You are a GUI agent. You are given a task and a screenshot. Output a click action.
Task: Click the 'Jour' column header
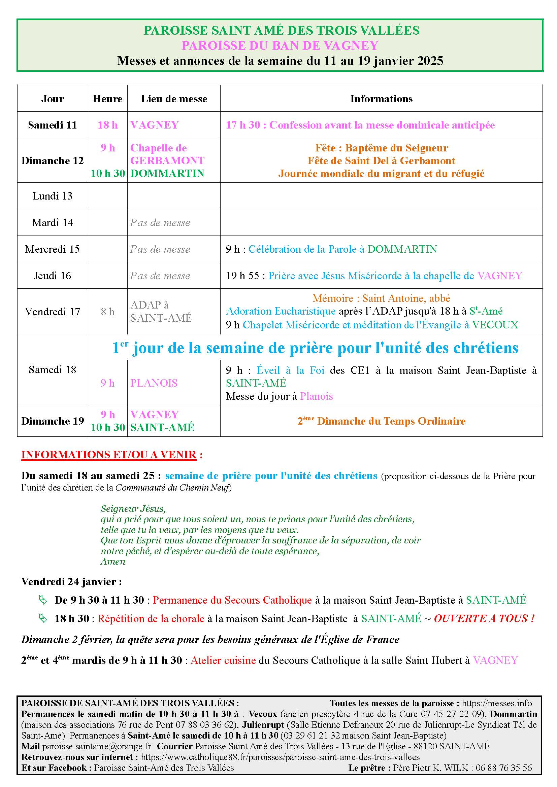(x=53, y=99)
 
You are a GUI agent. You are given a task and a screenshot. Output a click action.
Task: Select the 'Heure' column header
(x=107, y=99)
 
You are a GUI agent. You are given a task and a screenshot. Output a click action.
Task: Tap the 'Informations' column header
(x=381, y=99)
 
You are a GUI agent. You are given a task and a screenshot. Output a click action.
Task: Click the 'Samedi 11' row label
(x=53, y=125)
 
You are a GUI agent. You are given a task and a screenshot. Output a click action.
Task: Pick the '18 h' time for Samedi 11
(x=107, y=125)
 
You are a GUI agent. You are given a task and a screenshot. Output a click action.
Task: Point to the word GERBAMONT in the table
(x=167, y=160)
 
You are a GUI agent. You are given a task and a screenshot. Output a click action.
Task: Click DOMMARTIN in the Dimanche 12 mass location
(x=167, y=173)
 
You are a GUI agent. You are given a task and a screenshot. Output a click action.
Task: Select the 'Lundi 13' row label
(x=53, y=196)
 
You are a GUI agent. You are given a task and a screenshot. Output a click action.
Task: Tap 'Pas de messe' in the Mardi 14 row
(x=160, y=223)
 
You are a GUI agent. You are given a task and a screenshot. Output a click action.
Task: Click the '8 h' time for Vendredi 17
(x=107, y=312)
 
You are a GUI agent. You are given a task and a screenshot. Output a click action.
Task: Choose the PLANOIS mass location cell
(x=154, y=383)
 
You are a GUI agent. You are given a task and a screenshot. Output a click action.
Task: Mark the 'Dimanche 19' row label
(x=53, y=421)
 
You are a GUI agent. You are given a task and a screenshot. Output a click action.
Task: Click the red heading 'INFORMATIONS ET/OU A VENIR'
(x=109, y=455)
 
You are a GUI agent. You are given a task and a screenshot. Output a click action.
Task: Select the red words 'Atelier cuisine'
(x=223, y=660)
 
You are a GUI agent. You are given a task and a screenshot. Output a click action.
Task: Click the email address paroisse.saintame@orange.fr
(x=97, y=746)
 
